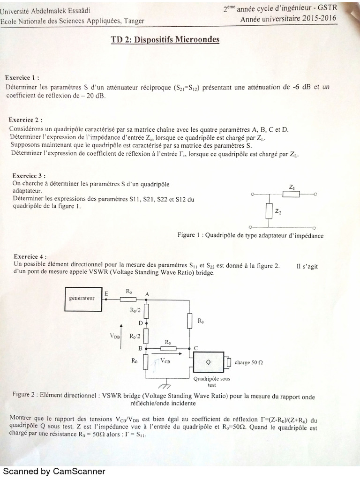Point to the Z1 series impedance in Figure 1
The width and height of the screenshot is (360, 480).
[292, 193]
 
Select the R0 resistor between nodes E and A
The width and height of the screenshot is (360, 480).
[127, 299]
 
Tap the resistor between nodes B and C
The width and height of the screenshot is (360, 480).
[167, 349]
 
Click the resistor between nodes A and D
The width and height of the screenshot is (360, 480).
[146, 310]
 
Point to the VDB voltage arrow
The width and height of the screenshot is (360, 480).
[121, 335]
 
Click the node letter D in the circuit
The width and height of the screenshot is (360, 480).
[140, 323]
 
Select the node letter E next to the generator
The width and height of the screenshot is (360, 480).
[106, 293]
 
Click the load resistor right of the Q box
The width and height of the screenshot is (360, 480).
[229, 363]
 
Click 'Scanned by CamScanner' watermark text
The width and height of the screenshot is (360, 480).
[54, 471]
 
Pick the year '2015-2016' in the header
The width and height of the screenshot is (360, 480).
[321, 19]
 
